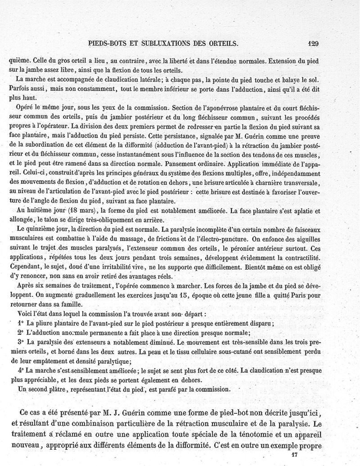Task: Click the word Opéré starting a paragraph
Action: (x=25, y=108)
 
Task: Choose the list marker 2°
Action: (x=19, y=332)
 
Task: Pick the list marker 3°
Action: (x=19, y=342)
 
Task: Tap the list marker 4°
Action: (x=19, y=370)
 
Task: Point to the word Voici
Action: (x=24, y=313)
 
